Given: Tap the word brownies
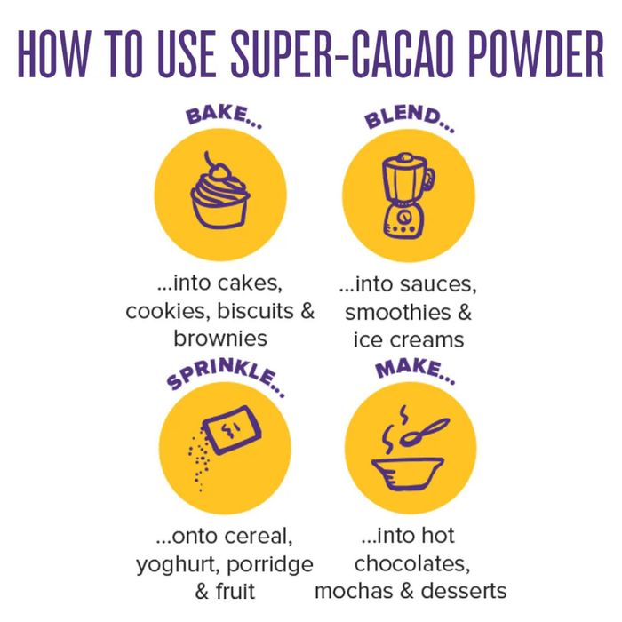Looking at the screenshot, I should click(x=219, y=339).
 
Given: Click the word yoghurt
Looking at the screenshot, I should click(x=176, y=564).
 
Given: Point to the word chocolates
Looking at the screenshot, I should click(x=410, y=564).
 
